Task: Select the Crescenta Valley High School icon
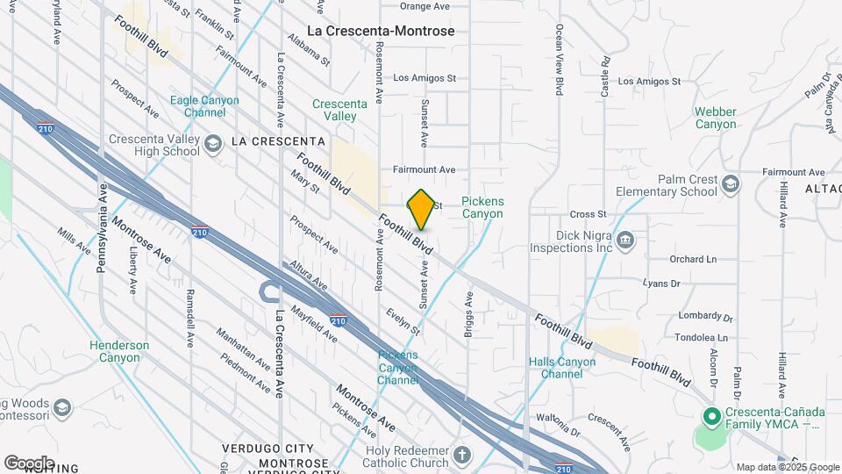[x=212, y=144]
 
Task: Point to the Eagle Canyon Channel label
[x=204, y=106]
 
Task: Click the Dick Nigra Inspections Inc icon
[x=624, y=241]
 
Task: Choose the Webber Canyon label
[x=716, y=118]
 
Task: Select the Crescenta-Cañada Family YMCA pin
[x=712, y=416]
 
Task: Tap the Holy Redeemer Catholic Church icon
[x=463, y=456]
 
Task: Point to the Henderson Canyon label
[x=119, y=351]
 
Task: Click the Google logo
[x=29, y=463]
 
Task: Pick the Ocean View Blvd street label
[x=558, y=60]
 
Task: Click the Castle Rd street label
[x=605, y=76]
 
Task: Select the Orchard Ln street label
[x=693, y=260]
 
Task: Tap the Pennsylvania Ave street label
[x=102, y=228]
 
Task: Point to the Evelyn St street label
[x=404, y=321]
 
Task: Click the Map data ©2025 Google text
[x=787, y=467]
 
